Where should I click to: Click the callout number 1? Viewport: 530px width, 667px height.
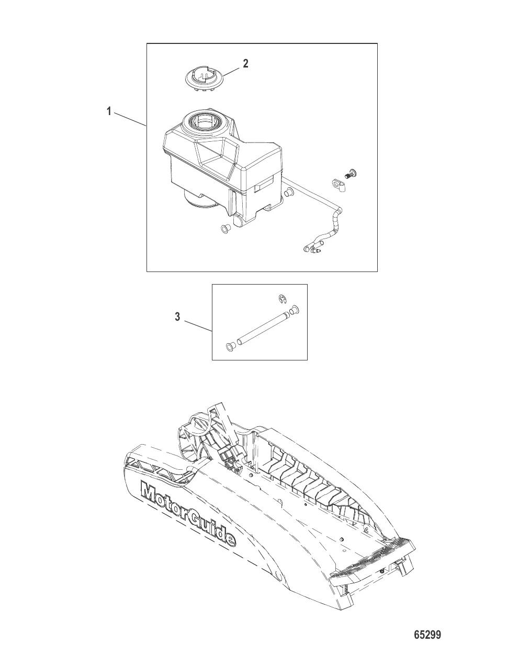coord(109,111)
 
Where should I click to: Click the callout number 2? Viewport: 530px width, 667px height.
coord(245,64)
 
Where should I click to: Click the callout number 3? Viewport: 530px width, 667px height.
coord(177,317)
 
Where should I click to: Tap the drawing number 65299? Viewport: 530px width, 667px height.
coord(427,633)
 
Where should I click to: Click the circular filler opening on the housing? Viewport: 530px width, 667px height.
coord(204,122)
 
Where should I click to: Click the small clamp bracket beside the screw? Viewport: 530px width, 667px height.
coord(338,185)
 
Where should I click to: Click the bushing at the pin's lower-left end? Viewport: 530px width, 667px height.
coord(230,347)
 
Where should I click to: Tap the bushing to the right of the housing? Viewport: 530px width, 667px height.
coord(289,192)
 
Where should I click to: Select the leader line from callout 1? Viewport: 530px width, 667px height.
coord(130,120)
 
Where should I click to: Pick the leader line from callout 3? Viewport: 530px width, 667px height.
coord(198,326)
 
